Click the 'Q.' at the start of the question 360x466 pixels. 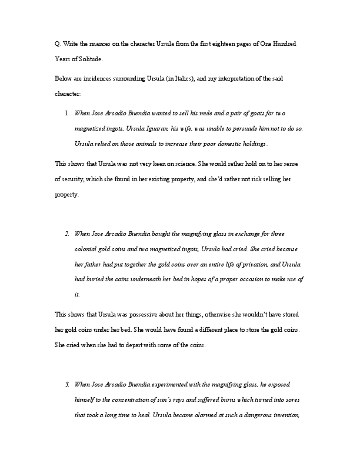[57, 45]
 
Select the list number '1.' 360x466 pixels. [68, 113]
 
